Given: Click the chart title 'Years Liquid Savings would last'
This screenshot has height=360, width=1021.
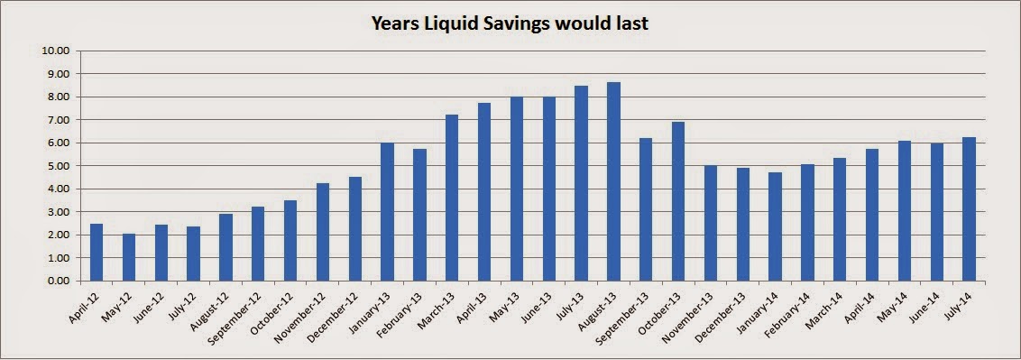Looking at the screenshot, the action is pyautogui.click(x=510, y=23).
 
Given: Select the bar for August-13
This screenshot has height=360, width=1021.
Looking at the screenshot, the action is pyautogui.click(x=613, y=181).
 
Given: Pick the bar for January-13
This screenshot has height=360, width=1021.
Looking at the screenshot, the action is pyautogui.click(x=388, y=212).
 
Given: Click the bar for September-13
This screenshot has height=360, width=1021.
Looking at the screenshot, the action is pyautogui.click(x=645, y=209).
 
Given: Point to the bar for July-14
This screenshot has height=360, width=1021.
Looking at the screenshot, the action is pyautogui.click(x=969, y=209).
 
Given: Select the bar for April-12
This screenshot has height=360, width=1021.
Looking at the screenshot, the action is pyautogui.click(x=97, y=253).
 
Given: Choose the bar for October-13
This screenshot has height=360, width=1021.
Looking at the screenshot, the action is pyautogui.click(x=678, y=202).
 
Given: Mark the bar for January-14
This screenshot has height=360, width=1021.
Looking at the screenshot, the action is pyautogui.click(x=775, y=226).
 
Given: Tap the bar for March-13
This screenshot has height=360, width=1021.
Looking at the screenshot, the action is pyautogui.click(x=452, y=198).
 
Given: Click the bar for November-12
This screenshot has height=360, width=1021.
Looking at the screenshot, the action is pyautogui.click(x=323, y=233).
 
